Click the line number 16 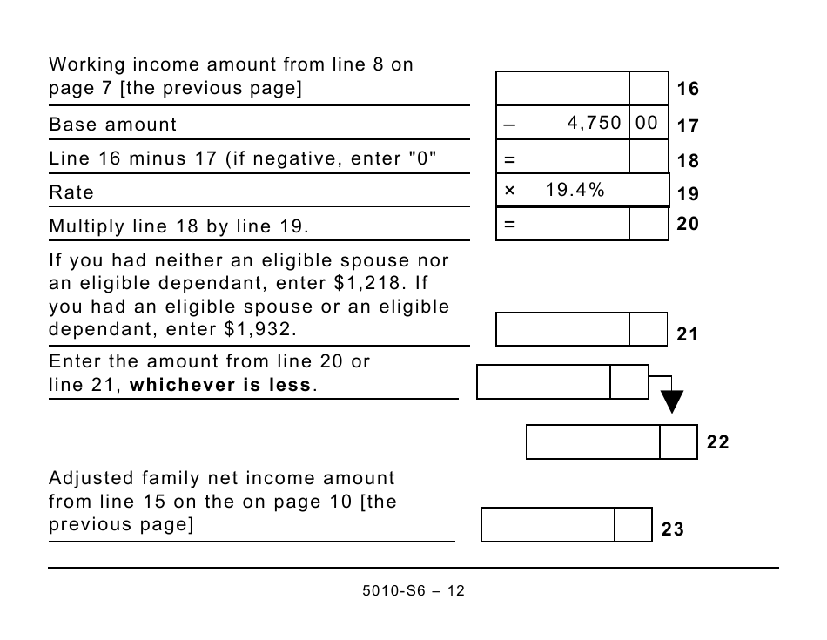(688, 89)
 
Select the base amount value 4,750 (594, 124)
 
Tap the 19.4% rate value (575, 190)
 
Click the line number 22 (717, 442)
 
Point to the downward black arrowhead (671, 401)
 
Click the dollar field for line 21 (562, 329)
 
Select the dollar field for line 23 (548, 525)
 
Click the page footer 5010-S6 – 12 (413, 590)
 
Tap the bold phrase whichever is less (220, 385)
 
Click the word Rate (71, 192)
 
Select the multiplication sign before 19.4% (510, 190)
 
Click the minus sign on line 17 (509, 125)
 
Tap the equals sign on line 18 (510, 160)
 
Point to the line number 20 (688, 224)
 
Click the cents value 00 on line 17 (647, 124)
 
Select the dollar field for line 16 (562, 89)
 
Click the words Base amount (112, 125)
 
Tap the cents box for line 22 (678, 441)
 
